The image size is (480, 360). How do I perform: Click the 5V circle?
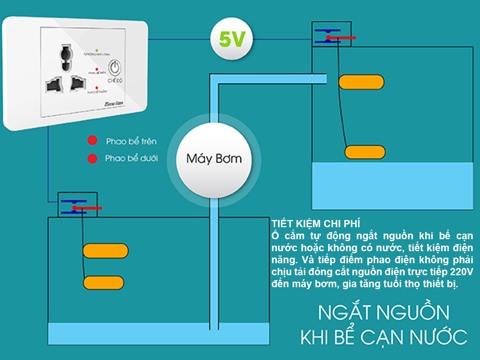(x=232, y=39)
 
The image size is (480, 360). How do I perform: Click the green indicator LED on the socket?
(x=96, y=51)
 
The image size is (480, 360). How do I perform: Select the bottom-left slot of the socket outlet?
(x=53, y=84)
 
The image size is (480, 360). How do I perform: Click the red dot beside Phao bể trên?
(x=93, y=141)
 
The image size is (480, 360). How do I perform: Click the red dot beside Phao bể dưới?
(x=93, y=158)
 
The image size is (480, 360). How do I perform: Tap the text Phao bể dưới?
(x=131, y=158)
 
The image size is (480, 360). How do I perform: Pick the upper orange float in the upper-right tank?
(x=361, y=82)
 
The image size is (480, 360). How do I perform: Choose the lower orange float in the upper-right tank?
(x=365, y=152)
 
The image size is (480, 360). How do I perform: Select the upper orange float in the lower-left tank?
(x=106, y=250)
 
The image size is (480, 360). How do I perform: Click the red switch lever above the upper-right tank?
(x=341, y=38)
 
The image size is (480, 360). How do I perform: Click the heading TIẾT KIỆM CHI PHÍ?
(x=316, y=223)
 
